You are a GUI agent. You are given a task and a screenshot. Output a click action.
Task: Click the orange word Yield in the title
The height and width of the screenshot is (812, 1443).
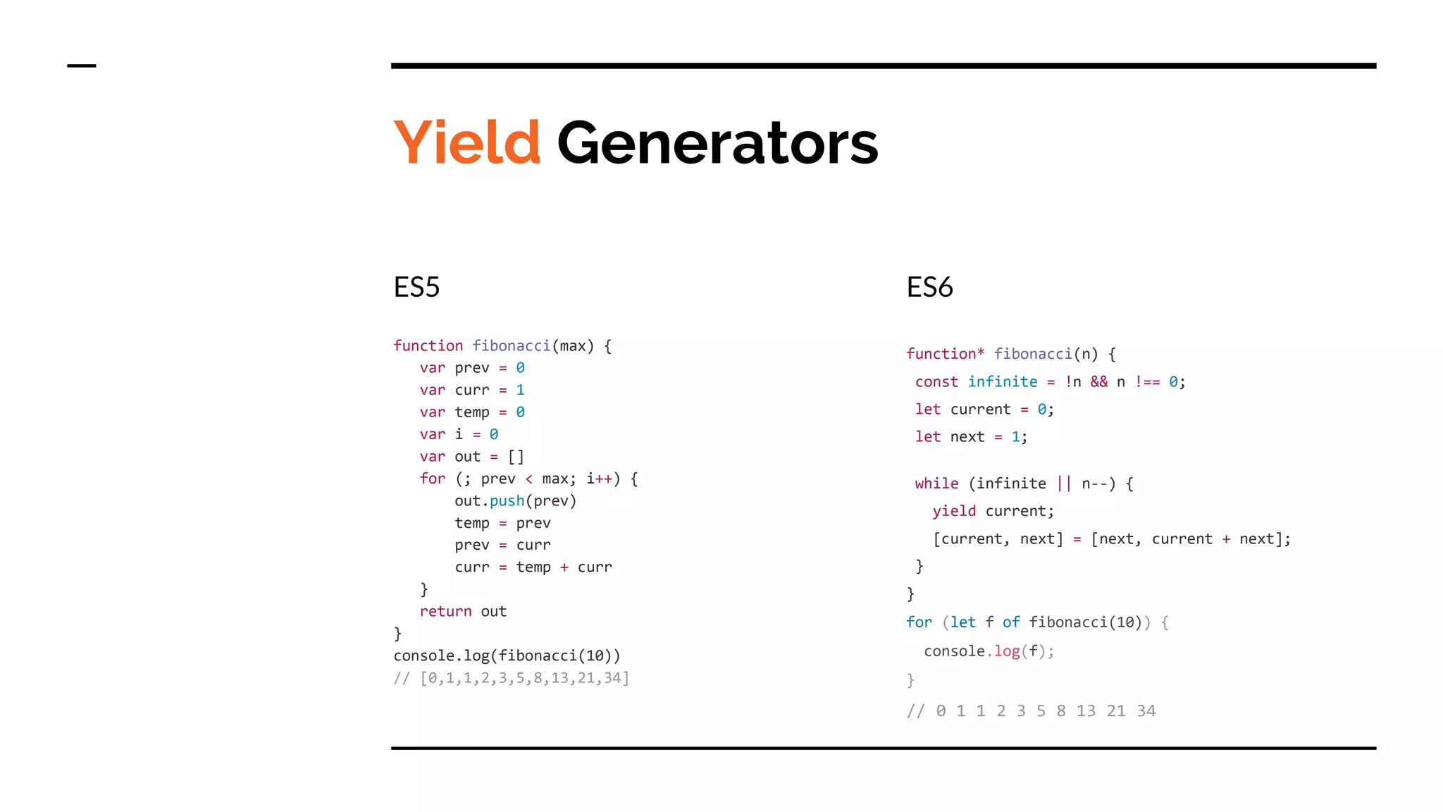[x=466, y=143]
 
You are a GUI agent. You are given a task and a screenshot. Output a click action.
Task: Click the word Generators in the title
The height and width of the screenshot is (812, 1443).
[x=717, y=143]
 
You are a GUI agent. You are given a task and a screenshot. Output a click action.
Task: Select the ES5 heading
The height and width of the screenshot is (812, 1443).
[x=416, y=287]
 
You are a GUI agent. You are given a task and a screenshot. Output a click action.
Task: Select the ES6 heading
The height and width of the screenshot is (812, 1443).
[x=929, y=287]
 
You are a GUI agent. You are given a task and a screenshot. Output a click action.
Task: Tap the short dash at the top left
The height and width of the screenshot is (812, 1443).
[x=81, y=66]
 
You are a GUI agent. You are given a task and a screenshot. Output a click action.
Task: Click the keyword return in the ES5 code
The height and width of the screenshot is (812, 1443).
[x=445, y=611]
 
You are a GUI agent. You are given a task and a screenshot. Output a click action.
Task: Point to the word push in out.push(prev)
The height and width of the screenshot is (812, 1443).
[x=507, y=500]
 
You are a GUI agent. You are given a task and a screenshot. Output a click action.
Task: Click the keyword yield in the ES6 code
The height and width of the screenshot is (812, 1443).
[x=954, y=511]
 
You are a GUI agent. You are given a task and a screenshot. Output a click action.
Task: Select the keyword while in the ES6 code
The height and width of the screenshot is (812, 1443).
[x=936, y=484]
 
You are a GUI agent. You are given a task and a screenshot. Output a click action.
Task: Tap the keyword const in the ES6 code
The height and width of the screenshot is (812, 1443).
[x=936, y=382]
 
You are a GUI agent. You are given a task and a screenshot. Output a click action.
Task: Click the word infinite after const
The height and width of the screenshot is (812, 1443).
[x=1002, y=382]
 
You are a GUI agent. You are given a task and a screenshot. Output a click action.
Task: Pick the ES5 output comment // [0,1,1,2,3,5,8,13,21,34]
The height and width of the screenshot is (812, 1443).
[x=512, y=678]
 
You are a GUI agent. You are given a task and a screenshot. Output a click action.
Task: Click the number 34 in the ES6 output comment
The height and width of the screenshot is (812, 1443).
[x=1146, y=710]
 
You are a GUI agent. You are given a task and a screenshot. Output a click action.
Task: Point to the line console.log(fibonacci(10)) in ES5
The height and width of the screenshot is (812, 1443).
[x=507, y=656]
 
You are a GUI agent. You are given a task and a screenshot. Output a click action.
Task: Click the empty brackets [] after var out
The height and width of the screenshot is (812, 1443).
[x=516, y=457]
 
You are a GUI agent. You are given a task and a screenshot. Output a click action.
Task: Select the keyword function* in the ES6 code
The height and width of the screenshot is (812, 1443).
[x=945, y=354]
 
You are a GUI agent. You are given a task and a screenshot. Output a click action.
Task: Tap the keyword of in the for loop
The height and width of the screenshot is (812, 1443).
[x=1011, y=622]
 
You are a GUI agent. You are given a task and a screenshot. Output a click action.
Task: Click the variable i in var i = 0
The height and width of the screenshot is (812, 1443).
[x=459, y=434]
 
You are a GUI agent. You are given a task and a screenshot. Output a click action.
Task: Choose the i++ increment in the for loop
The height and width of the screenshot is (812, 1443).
[x=599, y=479]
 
